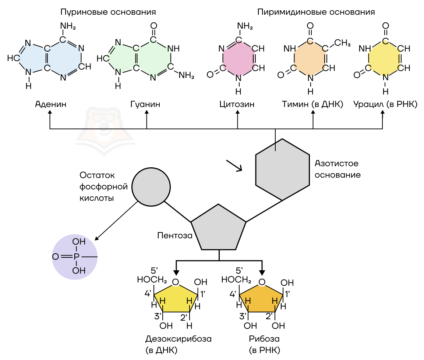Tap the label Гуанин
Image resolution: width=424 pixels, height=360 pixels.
tap(146, 104)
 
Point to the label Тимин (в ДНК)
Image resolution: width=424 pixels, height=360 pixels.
tap(312, 104)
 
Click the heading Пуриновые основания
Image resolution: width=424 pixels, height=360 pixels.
tap(108, 12)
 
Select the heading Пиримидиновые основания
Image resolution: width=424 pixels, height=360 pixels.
tap(316, 12)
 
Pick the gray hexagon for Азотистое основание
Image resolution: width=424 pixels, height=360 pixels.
tap(282, 170)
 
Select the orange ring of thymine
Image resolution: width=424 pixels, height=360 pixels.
tap(310, 58)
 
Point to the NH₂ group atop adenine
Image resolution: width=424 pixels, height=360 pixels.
tap(68, 26)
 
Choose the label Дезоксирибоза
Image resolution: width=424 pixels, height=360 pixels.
tap(179, 339)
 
